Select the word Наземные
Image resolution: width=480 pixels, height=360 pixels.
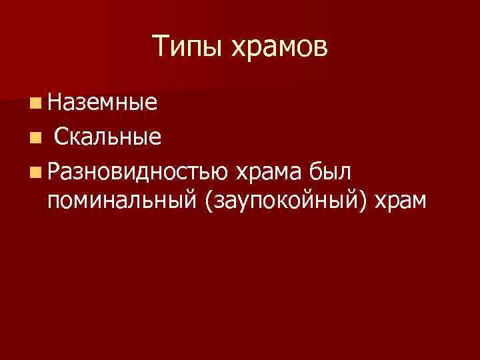(x=103, y=103)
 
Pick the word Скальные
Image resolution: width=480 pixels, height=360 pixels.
(x=107, y=137)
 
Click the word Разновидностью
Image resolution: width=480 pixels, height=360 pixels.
(x=138, y=172)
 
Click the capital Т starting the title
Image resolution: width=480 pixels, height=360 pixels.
(x=160, y=46)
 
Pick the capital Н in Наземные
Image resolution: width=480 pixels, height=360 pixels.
(x=55, y=103)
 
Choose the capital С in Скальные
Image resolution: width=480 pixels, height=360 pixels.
(x=61, y=137)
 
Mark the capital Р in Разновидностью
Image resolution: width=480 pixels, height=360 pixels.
(x=55, y=172)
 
